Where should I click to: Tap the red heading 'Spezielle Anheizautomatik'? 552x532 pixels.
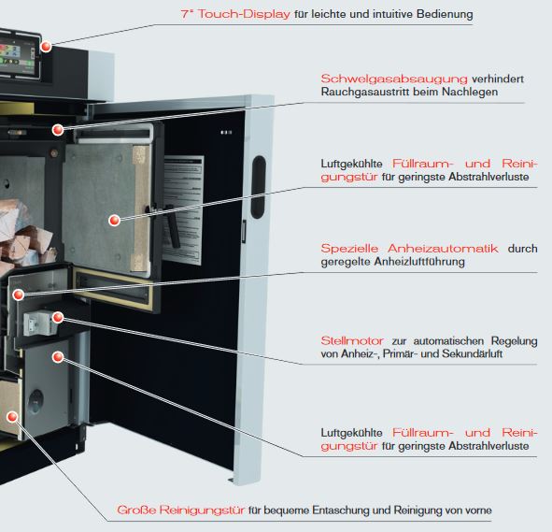(x=409, y=248)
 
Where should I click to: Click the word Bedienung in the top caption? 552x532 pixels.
(x=440, y=15)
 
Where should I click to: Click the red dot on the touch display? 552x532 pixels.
(x=45, y=44)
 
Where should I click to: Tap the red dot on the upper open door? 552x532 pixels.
(x=114, y=221)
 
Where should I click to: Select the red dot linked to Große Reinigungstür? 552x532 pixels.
(x=14, y=414)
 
